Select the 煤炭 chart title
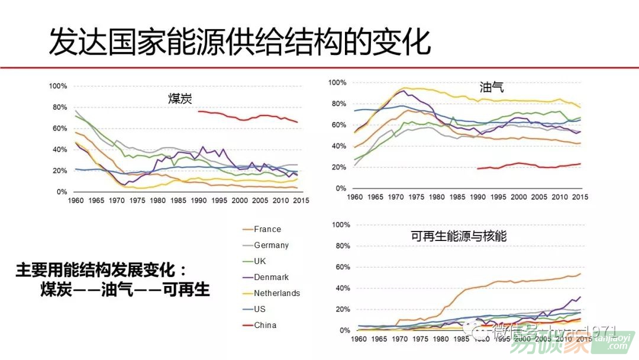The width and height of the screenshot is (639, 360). (x=180, y=99)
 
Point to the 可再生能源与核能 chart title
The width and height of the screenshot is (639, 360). (x=459, y=236)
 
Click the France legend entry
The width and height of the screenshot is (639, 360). (x=267, y=229)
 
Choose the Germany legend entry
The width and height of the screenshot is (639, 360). (x=271, y=245)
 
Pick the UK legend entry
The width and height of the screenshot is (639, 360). (x=260, y=261)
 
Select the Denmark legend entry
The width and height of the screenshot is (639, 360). (x=271, y=277)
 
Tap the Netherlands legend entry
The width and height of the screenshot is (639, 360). (x=276, y=293)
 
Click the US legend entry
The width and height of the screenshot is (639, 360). (x=260, y=309)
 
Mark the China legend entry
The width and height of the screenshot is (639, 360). (x=265, y=325)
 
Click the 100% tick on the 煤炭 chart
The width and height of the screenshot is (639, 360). (x=58, y=86)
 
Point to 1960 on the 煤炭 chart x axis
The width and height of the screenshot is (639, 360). (x=76, y=201)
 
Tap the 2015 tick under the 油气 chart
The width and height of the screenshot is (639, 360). (x=579, y=197)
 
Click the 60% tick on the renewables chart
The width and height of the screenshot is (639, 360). (x=343, y=268)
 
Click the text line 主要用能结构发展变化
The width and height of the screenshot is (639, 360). (x=100, y=271)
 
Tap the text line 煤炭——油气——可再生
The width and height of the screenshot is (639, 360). (x=125, y=290)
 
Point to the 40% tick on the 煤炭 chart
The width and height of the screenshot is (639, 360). (x=60, y=150)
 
